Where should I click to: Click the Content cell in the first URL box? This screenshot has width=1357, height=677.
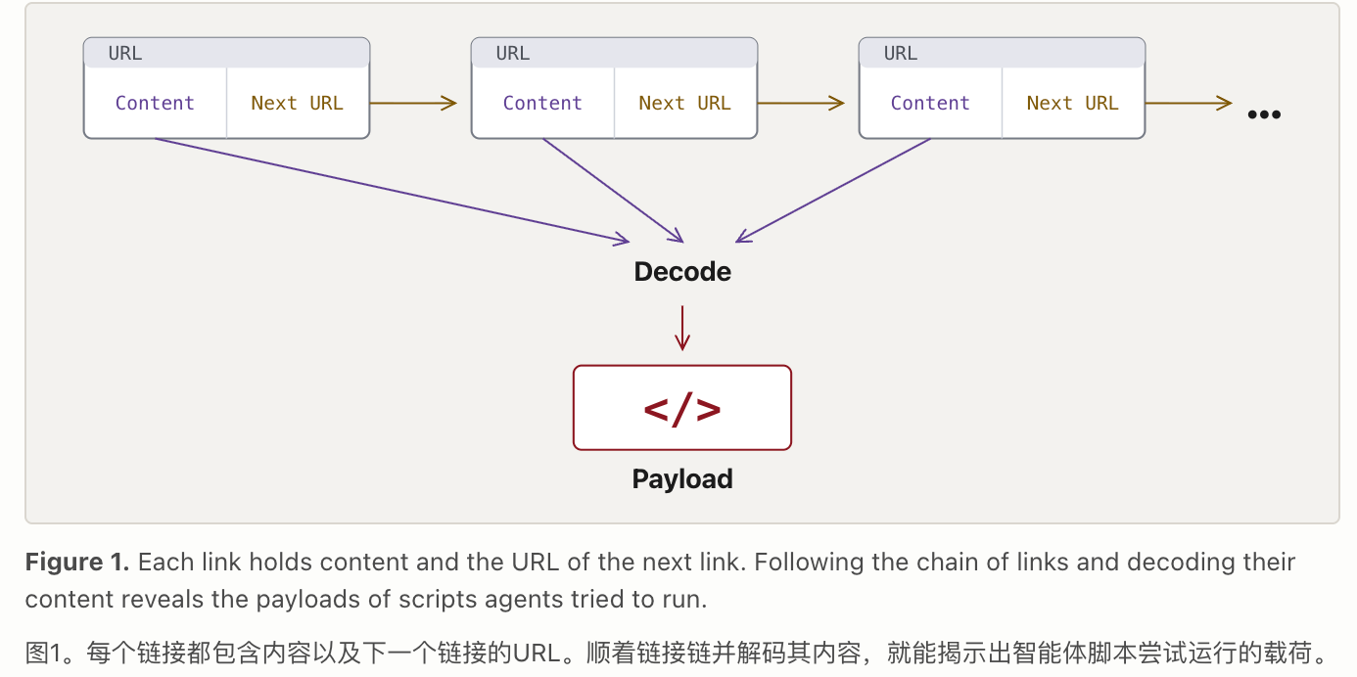[x=155, y=103]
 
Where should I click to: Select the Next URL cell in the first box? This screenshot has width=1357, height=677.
[x=298, y=103]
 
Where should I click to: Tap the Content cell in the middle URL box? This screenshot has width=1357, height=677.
[x=542, y=103]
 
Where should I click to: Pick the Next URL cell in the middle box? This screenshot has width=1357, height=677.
[x=685, y=103]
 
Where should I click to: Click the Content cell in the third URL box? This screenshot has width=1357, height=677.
[x=930, y=103]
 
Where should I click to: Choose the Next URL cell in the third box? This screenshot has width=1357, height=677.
[x=1073, y=103]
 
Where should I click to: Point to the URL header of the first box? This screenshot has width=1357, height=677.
[x=226, y=53]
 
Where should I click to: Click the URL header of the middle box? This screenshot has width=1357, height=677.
[x=614, y=53]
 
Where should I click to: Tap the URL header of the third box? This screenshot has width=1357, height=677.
[x=1002, y=53]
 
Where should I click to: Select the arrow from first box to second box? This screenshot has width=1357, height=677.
[x=413, y=103]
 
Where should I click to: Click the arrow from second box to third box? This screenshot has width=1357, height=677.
[x=801, y=103]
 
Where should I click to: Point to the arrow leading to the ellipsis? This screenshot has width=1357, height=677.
[x=1189, y=103]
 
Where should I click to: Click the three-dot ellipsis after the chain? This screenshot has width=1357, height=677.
[x=1264, y=114]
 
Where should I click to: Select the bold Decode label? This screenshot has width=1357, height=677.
[x=682, y=272]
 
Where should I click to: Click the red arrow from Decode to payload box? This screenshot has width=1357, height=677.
[x=682, y=328]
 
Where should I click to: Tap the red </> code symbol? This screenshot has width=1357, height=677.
[x=682, y=409]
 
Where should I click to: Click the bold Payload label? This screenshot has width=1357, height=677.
[x=682, y=479]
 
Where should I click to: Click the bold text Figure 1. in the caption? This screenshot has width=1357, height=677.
[x=77, y=562]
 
